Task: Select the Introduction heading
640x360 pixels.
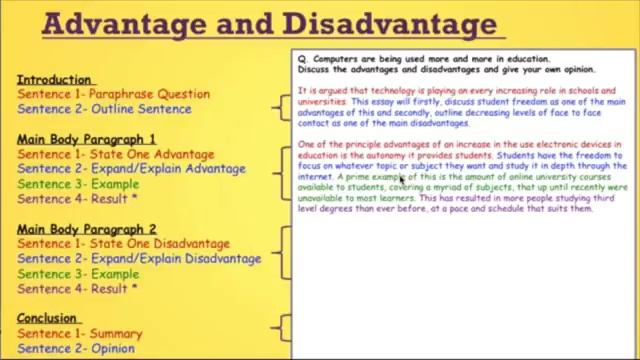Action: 54,79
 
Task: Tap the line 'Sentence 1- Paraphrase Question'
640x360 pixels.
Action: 113,94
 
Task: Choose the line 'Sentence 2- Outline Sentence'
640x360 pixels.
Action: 104,109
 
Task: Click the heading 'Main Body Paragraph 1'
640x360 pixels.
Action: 86,139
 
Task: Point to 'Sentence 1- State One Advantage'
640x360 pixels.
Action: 115,154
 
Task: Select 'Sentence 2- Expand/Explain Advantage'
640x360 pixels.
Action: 131,169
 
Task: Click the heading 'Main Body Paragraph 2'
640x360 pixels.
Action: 87,228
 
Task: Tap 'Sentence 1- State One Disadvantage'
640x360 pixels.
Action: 123,243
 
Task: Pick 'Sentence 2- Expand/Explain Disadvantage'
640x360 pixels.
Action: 139,258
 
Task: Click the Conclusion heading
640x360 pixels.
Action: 47,318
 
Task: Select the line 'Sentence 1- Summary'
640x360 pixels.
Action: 80,333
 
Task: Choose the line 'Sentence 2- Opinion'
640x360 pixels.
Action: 76,348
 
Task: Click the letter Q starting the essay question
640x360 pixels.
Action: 301,59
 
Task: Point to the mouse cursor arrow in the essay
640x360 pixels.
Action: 401,179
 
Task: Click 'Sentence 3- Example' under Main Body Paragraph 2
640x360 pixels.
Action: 78,273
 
